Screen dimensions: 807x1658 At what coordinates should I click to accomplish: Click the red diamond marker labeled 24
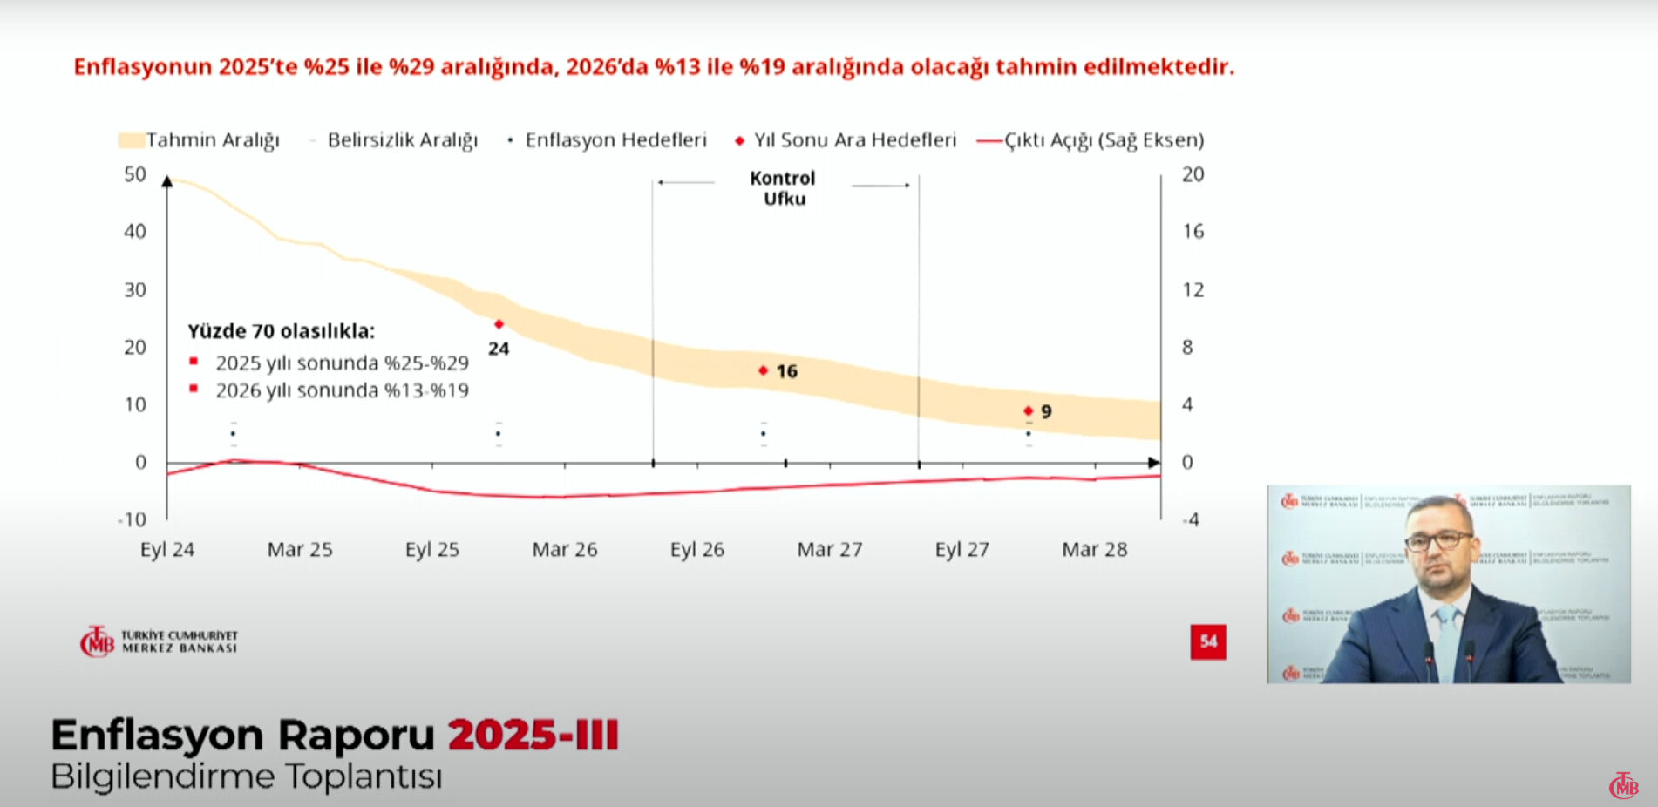[x=499, y=324]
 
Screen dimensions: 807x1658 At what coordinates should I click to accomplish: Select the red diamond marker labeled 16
[x=763, y=370]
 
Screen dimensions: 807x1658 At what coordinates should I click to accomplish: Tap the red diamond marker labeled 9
[x=1028, y=410]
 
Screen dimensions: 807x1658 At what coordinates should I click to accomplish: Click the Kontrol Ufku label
[x=783, y=188]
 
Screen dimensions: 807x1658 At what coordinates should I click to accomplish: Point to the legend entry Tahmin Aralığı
[x=200, y=140]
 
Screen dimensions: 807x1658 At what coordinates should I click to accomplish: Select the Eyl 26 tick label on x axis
[x=696, y=550]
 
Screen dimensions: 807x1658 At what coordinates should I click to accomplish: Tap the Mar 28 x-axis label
[x=1094, y=550]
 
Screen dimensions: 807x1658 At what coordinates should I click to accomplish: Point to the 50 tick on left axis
[x=134, y=174]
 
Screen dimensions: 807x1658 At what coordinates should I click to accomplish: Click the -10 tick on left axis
[x=133, y=520]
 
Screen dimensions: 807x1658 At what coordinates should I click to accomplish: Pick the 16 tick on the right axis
[x=1193, y=232]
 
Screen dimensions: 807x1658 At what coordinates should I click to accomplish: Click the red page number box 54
[x=1208, y=642]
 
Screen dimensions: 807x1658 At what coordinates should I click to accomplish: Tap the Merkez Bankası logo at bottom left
[x=158, y=642]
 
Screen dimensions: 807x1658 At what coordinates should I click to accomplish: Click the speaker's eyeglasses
[x=1438, y=541]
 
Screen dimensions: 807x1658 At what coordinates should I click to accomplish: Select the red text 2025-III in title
[x=533, y=735]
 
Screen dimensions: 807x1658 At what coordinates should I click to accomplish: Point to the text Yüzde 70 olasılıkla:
[x=281, y=331]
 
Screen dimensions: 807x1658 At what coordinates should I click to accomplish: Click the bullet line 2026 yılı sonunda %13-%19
[x=341, y=390]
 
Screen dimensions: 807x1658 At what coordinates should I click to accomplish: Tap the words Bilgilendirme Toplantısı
[x=247, y=776]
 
